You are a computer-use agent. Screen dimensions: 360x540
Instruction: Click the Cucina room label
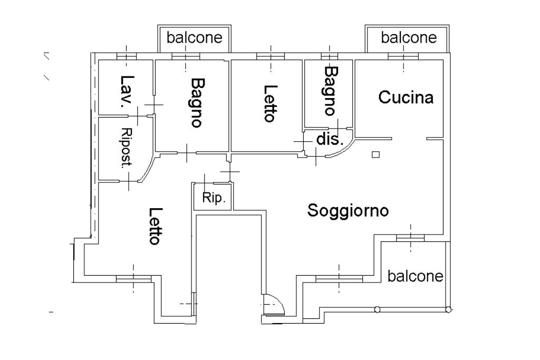pyautogui.click(x=406, y=98)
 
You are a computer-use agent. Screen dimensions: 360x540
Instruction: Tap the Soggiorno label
pyautogui.click(x=348, y=210)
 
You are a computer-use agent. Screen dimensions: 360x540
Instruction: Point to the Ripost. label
pyautogui.click(x=126, y=148)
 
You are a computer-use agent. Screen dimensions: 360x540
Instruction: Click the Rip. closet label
pyautogui.click(x=214, y=199)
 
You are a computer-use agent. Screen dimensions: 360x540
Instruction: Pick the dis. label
pyautogui.click(x=330, y=140)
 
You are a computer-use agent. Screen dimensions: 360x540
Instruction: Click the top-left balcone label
pyautogui.click(x=195, y=37)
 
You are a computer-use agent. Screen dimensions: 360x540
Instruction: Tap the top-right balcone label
pyautogui.click(x=409, y=37)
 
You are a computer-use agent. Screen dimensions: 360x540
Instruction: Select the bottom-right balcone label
pyautogui.click(x=416, y=276)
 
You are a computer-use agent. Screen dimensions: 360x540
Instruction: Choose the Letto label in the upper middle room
pyautogui.click(x=269, y=103)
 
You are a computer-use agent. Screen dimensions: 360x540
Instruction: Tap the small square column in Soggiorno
pyautogui.click(x=375, y=154)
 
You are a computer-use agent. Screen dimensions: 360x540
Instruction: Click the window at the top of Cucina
pyautogui.click(x=403, y=56)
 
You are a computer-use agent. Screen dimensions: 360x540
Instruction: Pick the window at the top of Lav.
pyautogui.click(x=127, y=56)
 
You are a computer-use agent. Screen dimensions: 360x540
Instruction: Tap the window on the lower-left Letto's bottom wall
pyautogui.click(x=133, y=278)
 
